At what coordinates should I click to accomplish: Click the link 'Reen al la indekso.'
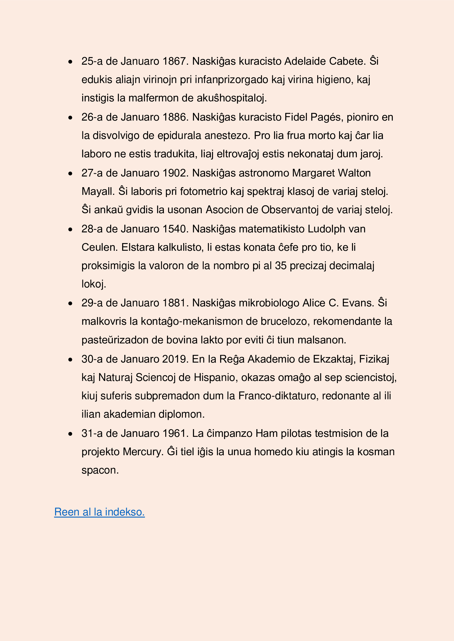pyautogui.click(x=99, y=512)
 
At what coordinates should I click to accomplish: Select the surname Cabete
pyautogui.click(x=347, y=61)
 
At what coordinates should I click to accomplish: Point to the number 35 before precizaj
pyautogui.click(x=281, y=266)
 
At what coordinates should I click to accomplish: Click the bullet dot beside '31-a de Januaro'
pyautogui.click(x=71, y=434)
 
